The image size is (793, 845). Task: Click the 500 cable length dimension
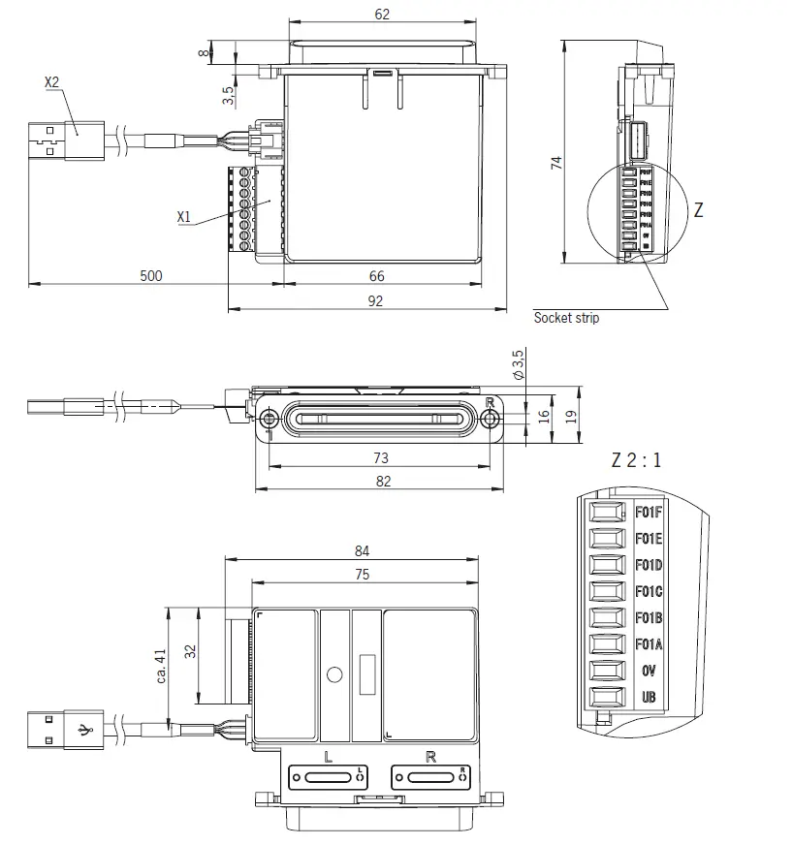pos(150,276)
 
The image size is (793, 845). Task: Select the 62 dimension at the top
pos(381,15)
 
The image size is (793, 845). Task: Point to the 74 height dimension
pos(556,162)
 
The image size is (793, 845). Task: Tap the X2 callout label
pos(52,83)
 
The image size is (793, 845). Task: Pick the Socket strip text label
pos(566,318)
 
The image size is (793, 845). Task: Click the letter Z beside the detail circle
pos(698,210)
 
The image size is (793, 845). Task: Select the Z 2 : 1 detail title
pos(636,460)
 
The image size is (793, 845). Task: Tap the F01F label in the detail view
pos(649,513)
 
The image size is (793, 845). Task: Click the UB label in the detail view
pos(649,697)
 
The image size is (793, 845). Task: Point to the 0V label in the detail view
pos(649,671)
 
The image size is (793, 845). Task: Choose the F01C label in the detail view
pos(649,591)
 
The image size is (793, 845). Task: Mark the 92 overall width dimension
pos(376,301)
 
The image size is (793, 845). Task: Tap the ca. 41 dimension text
pos(162,667)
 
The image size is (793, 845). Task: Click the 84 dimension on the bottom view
pos(362,550)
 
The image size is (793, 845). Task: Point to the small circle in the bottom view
pos(335,673)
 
